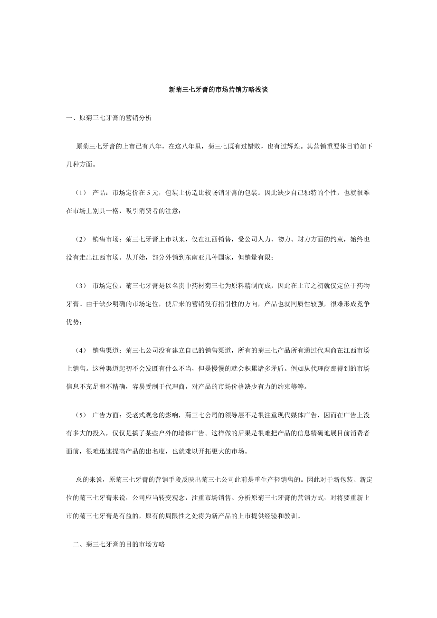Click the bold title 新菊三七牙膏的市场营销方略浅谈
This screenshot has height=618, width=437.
point(218,89)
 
